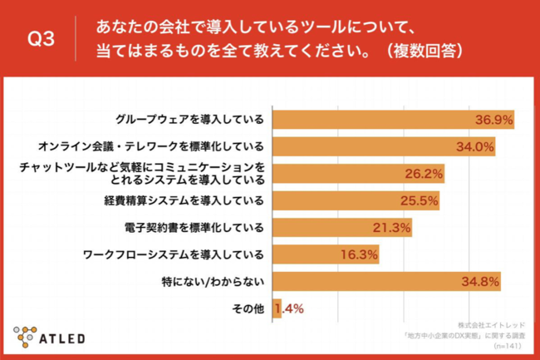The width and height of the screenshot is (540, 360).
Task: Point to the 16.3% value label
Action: point(359,255)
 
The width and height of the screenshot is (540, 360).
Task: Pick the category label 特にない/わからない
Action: point(218,282)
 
